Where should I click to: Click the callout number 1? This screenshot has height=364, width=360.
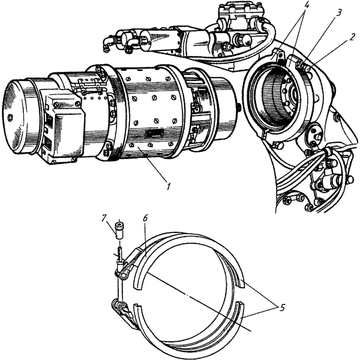[x=170, y=186]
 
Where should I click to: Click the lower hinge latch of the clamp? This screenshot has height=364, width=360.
[x=122, y=310]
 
